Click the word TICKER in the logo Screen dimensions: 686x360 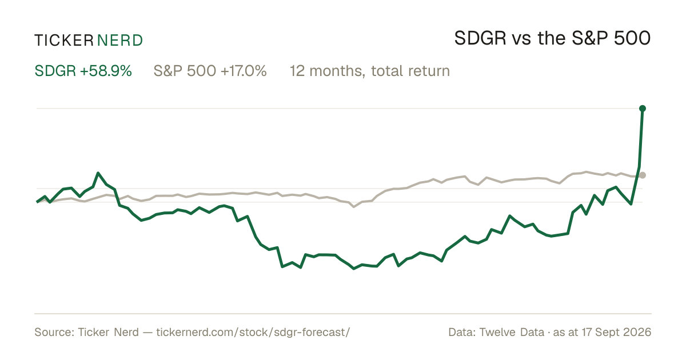[63, 41]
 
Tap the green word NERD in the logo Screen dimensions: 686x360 [119, 41]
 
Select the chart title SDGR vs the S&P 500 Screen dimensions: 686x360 [552, 38]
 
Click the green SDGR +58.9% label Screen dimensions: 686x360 [83, 71]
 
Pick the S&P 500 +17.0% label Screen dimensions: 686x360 [210, 71]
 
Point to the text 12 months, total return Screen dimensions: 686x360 [370, 71]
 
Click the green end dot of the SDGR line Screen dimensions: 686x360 [643, 109]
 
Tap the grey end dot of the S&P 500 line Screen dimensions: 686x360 [643, 175]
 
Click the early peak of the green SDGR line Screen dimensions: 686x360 [98, 173]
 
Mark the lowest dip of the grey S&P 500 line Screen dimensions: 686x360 [354, 207]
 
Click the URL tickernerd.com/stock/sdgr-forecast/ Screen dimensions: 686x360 [253, 332]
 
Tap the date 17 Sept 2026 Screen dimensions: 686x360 [616, 332]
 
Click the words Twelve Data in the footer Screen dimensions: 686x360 [512, 332]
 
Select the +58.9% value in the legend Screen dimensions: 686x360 [106, 71]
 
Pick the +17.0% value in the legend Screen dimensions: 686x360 [244, 71]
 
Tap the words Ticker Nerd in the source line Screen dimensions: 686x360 [109, 332]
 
